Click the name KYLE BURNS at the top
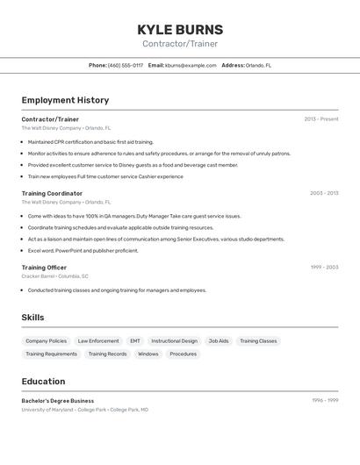(180, 29)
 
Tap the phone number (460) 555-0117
(126, 65)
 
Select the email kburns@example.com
(191, 65)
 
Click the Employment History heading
(65, 100)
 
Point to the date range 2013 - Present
(321, 119)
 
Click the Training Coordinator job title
(52, 193)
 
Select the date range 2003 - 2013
(324, 193)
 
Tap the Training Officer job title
(44, 267)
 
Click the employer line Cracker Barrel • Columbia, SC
(54, 275)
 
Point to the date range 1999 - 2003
(324, 267)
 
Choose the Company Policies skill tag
(46, 340)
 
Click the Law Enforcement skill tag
(98, 340)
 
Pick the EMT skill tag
(135, 340)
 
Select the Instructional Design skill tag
(174, 340)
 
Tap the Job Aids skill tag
(219, 340)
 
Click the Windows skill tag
(148, 354)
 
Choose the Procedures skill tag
(183, 354)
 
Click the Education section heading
(43, 381)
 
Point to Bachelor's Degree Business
(58, 400)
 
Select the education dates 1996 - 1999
(325, 400)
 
